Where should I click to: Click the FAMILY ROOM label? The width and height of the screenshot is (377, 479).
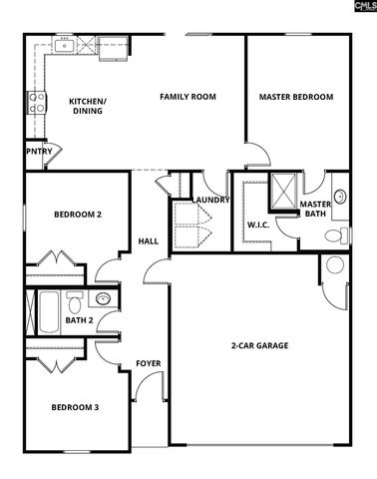pyautogui.click(x=188, y=97)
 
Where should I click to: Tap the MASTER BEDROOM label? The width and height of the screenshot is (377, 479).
pyautogui.click(x=295, y=97)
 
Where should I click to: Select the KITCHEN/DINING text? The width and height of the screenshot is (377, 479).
pyautogui.click(x=88, y=106)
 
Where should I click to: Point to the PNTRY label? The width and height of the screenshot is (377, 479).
pyautogui.click(x=40, y=152)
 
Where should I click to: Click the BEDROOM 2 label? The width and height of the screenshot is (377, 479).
pyautogui.click(x=77, y=215)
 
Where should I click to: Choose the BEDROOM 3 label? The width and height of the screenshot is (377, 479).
pyautogui.click(x=75, y=406)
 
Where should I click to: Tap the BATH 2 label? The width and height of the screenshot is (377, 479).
pyautogui.click(x=79, y=320)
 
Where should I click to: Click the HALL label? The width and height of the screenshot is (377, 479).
pyautogui.click(x=147, y=240)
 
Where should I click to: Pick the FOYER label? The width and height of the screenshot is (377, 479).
pyautogui.click(x=148, y=363)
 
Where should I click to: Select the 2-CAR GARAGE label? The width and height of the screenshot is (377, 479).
pyautogui.click(x=259, y=345)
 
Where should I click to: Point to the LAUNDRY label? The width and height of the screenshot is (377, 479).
pyautogui.click(x=212, y=200)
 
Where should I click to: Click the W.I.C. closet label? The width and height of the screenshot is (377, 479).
pyautogui.click(x=258, y=225)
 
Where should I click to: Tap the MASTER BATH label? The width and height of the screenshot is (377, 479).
pyautogui.click(x=314, y=210)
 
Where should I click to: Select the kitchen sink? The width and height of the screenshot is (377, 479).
pyautogui.click(x=65, y=44)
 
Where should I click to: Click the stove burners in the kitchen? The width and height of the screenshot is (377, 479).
pyautogui.click(x=35, y=100)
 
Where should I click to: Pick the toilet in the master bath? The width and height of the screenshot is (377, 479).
pyautogui.click(x=337, y=237)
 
